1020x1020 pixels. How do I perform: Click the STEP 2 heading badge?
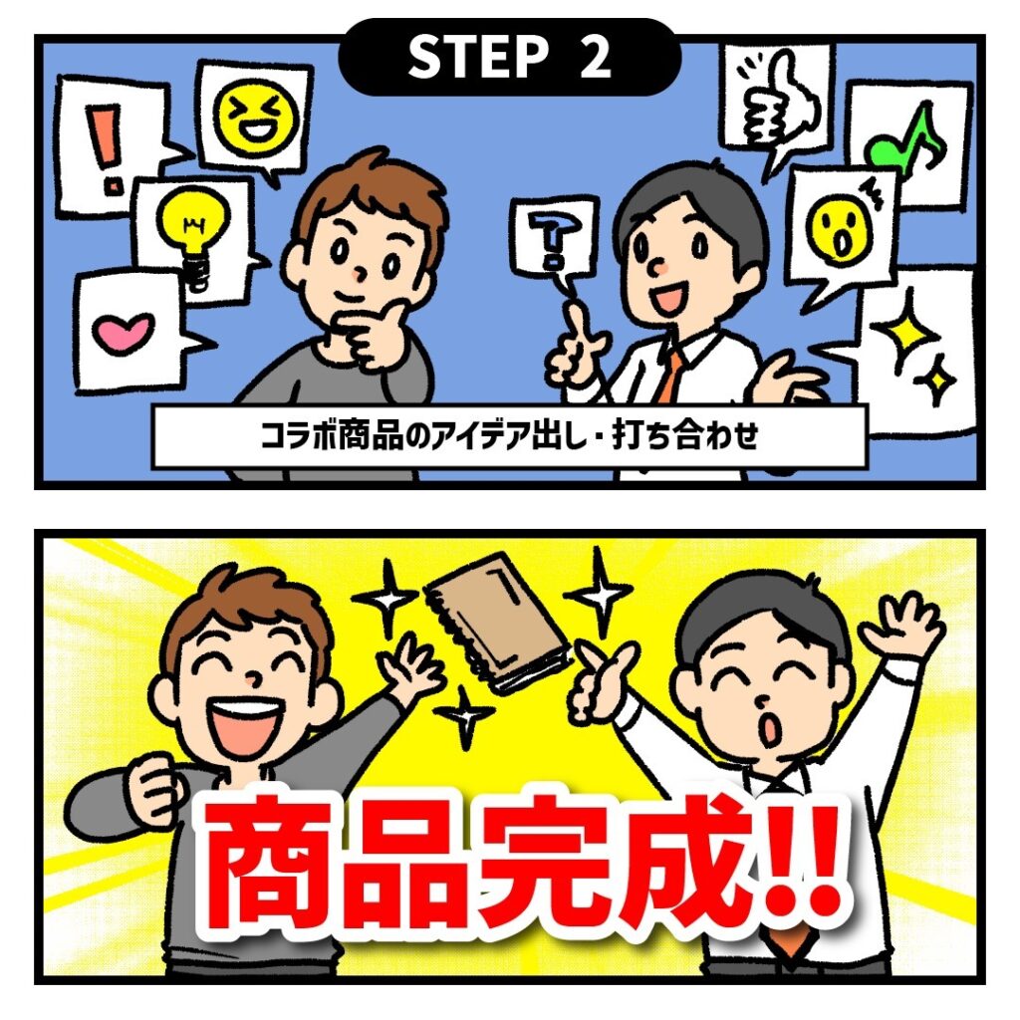[x=509, y=57]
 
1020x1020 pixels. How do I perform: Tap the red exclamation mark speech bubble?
[x=114, y=147]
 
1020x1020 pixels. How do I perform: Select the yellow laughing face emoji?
[x=259, y=118]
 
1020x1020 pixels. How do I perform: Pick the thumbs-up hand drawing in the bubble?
[x=779, y=104]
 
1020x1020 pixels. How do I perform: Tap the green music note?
[x=904, y=140]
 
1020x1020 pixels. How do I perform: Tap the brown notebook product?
[x=498, y=623]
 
